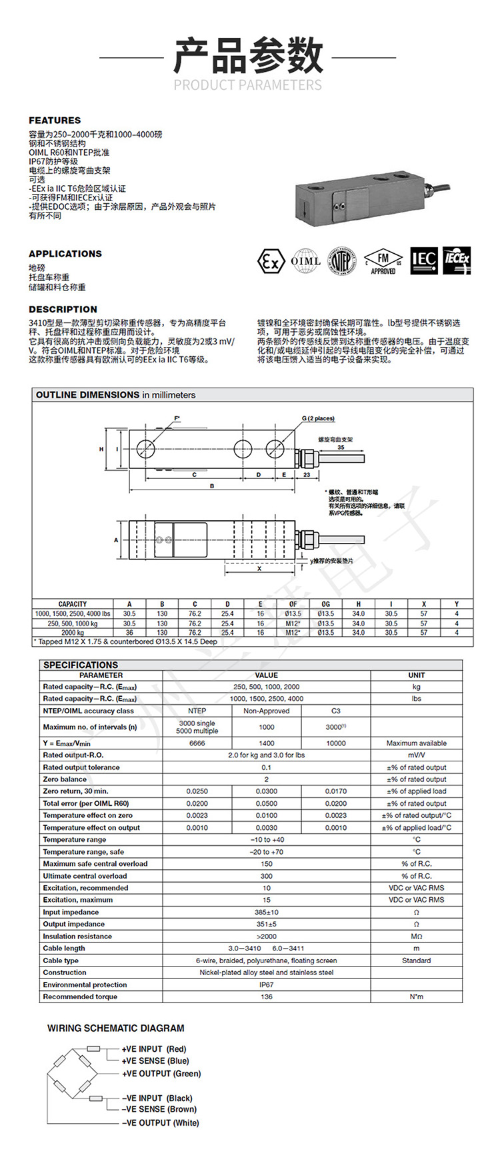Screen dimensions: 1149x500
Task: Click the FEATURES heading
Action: (55, 121)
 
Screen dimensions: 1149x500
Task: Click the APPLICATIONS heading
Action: (65, 254)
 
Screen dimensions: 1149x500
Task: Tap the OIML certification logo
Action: (306, 261)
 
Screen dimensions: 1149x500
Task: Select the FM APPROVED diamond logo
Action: (383, 261)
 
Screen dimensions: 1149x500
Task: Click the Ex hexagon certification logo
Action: (271, 261)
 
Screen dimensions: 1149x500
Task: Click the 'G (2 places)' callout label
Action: (318, 418)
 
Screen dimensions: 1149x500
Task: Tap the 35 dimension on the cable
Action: (341, 448)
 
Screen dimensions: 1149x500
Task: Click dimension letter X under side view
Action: (259, 569)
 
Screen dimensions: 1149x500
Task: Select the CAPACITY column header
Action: (73, 604)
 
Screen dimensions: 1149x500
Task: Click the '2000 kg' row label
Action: (73, 633)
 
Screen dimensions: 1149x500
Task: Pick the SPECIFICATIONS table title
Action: (81, 665)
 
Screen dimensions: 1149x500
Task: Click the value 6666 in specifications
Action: (197, 743)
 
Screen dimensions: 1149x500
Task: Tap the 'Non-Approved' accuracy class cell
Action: (267, 711)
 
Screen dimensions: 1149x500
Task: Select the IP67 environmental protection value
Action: (267, 984)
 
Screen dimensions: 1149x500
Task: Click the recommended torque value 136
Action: (267, 996)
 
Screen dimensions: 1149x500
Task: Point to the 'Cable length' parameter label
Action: (64, 949)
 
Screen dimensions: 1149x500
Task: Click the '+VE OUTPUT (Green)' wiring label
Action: (161, 1074)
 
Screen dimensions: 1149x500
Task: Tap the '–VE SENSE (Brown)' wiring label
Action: (159, 1109)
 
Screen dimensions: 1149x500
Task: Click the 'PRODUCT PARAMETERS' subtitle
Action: (248, 85)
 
